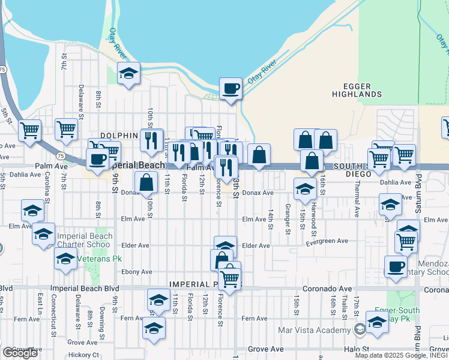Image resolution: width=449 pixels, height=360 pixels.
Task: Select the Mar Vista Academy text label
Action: click(316, 329)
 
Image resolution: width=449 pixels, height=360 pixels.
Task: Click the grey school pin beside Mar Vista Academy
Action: click(359, 329)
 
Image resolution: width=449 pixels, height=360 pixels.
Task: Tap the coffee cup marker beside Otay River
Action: click(231, 89)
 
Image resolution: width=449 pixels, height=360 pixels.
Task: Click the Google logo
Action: click(19, 353)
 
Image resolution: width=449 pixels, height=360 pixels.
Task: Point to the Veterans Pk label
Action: click(92, 259)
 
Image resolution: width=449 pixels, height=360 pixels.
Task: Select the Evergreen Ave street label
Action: click(327, 241)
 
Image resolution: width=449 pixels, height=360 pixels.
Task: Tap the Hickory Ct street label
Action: click(84, 355)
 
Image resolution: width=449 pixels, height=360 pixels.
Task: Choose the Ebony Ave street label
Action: click(135, 271)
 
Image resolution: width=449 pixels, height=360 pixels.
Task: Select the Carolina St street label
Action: click(46, 187)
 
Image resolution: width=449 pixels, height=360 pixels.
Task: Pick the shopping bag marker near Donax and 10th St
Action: click(146, 183)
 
